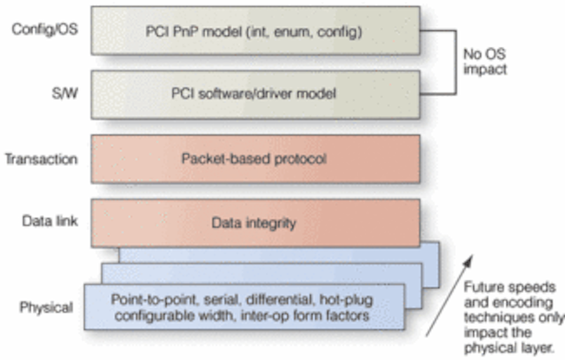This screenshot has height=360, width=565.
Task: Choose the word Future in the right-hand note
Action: pos(484,287)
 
